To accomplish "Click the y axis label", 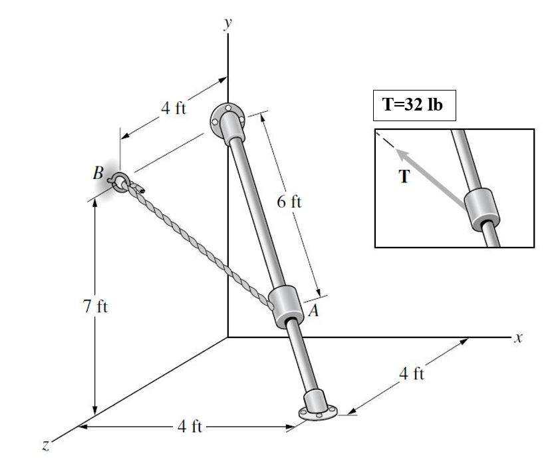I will [228, 23].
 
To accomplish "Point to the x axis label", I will [519, 338].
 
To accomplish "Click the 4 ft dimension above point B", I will [174, 109].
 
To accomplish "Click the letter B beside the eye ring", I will [98, 174].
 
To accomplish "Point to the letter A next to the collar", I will [313, 310].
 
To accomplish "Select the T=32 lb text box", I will [414, 106].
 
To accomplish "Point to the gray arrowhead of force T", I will [400, 154].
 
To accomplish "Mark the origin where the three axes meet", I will [228, 338].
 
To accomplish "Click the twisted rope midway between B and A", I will [200, 244].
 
